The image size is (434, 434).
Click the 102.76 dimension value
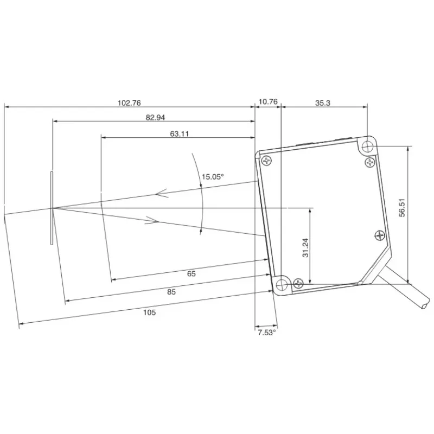(129, 103)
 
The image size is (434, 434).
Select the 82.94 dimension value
(155, 118)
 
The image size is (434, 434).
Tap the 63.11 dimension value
(180, 134)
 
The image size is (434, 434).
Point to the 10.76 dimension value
(268, 102)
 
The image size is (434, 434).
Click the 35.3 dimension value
(323, 103)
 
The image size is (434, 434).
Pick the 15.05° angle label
(213, 177)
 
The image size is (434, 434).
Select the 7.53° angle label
(267, 333)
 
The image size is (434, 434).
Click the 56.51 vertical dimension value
(402, 208)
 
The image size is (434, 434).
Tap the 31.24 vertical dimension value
(305, 248)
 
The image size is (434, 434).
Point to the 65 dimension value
(192, 274)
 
